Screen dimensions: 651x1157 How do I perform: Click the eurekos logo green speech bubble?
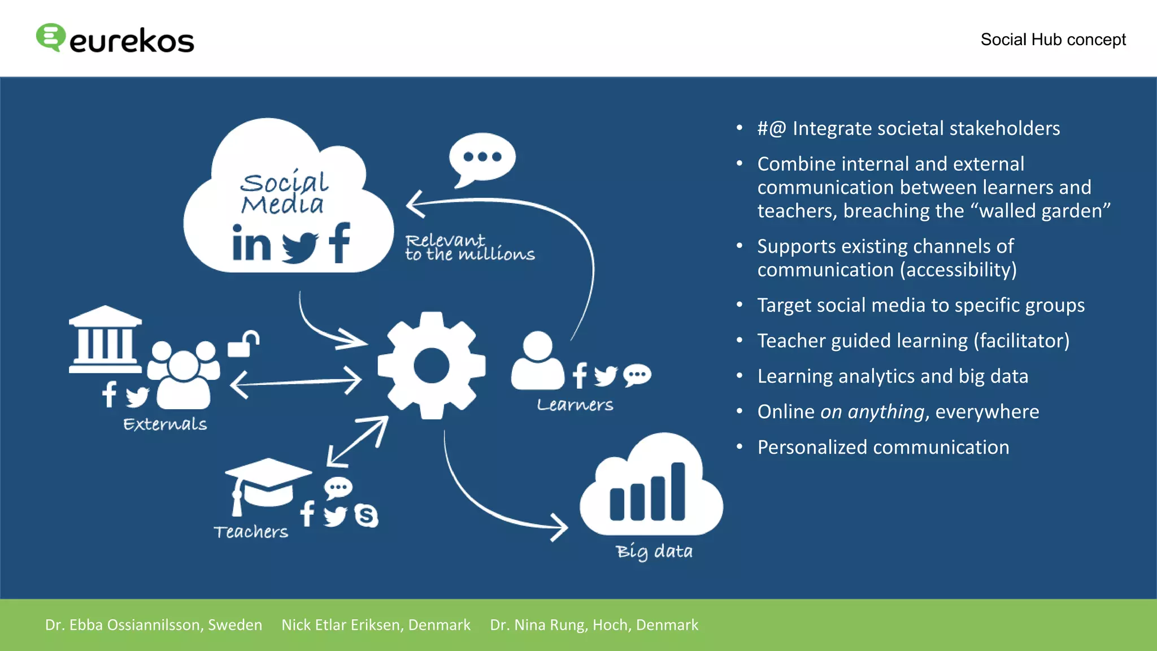point(50,37)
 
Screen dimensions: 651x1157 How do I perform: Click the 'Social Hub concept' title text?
point(1052,40)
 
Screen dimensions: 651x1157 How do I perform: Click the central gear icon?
point(432,366)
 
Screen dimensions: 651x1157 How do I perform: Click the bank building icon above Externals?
point(105,339)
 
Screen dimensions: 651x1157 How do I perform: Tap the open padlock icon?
point(243,344)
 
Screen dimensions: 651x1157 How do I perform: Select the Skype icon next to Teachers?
point(366,515)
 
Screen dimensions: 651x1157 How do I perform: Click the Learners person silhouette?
point(537,362)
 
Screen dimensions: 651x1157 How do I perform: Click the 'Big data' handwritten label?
point(654,551)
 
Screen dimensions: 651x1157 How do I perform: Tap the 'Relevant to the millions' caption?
point(469,248)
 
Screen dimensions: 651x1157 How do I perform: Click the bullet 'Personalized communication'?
point(882,447)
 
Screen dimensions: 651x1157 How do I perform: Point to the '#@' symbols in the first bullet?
point(772,129)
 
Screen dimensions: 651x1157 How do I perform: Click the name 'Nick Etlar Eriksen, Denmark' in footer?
point(376,624)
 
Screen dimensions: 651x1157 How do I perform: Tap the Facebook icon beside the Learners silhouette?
point(580,375)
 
